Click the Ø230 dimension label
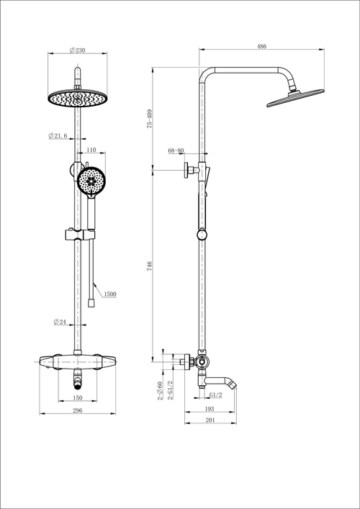(77, 50)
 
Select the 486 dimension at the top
(261, 46)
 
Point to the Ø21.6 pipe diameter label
(58, 135)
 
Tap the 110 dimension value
(91, 150)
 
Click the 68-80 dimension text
(176, 151)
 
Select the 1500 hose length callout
(110, 294)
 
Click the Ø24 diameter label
(60, 322)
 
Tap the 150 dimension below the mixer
(77, 397)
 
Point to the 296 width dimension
(77, 410)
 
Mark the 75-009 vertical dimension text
(149, 119)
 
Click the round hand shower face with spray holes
(91, 180)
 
